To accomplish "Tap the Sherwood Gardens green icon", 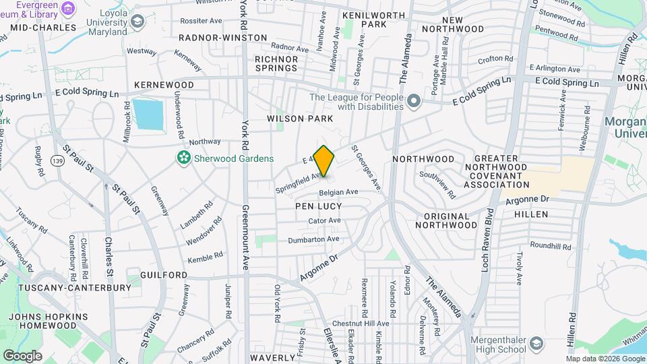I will (x=182, y=158).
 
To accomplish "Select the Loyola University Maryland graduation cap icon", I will (x=138, y=22).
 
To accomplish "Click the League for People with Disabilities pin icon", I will (x=414, y=102).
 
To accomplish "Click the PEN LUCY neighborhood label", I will (x=318, y=206).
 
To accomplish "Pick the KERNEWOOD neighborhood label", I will (x=164, y=85).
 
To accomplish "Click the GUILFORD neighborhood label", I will (x=164, y=275).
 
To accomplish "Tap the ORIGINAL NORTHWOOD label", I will (x=445, y=224).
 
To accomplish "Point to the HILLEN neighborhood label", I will (x=531, y=214).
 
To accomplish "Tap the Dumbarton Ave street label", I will (x=313, y=239).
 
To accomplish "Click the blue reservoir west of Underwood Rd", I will (x=147, y=115).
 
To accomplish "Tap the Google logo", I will (x=22, y=355).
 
